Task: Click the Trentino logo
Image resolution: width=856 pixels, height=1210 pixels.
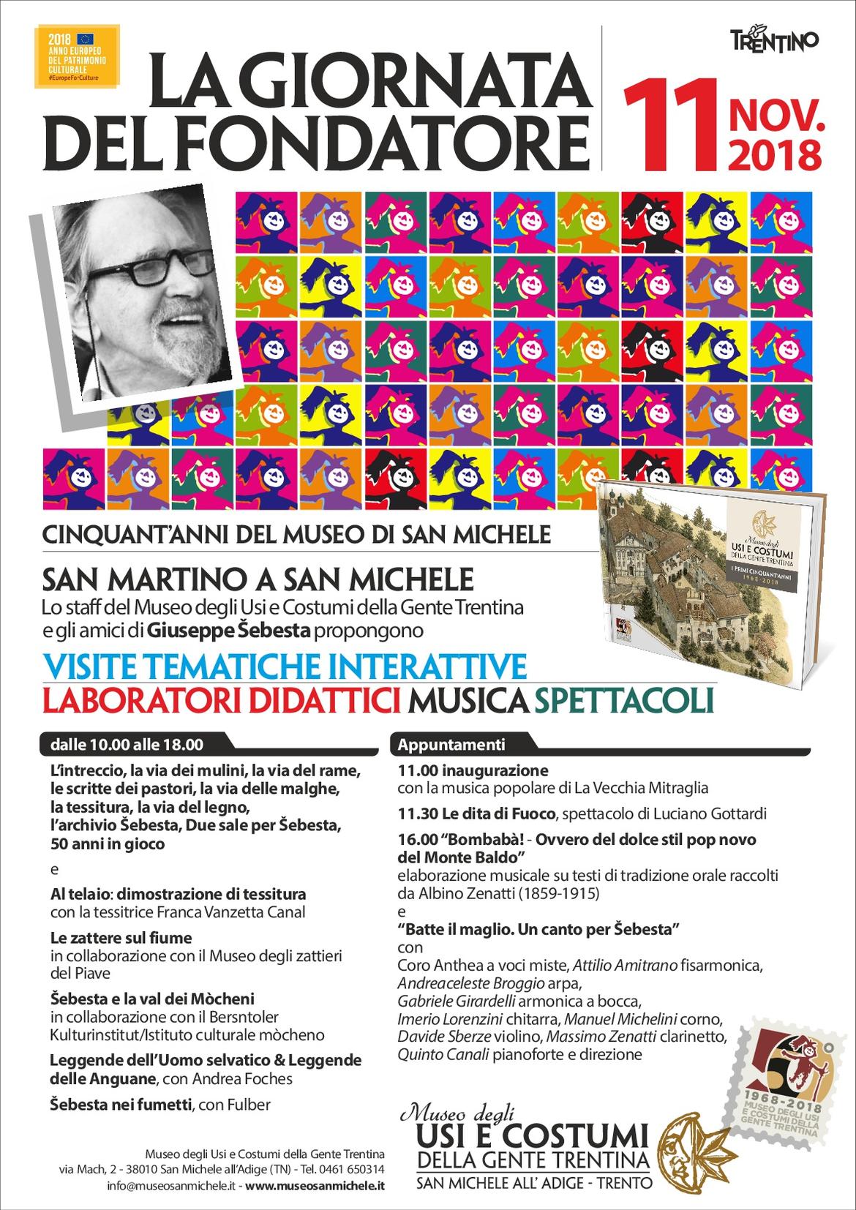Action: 775,42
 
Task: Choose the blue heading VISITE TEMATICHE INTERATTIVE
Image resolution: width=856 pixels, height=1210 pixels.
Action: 285,666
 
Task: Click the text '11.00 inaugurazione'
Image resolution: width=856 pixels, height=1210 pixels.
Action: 473,770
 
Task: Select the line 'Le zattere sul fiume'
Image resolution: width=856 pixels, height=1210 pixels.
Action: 121,937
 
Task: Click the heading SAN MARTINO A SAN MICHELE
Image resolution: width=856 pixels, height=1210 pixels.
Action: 258,581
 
